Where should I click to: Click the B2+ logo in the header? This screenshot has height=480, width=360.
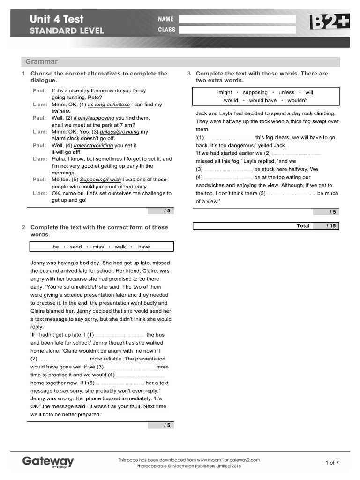pos(329,22)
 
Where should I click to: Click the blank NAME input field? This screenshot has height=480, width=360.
pos(237,19)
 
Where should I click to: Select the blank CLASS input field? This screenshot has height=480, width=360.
pos(237,30)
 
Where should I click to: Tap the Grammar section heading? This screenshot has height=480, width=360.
pos(42,62)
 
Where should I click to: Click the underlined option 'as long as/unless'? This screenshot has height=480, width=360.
pos(108,105)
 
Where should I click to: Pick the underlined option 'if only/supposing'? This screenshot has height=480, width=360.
pos(94,118)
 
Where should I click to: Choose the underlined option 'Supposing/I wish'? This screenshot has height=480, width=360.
pos(100,180)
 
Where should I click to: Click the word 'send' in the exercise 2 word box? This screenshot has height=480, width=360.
pos(75,247)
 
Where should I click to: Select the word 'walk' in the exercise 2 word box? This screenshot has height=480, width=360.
pos(120,247)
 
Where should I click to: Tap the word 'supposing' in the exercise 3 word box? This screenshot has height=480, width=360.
pos(255,93)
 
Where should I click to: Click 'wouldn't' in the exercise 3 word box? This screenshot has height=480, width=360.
pos(297,100)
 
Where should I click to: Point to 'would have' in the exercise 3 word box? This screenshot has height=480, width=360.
pos(262,100)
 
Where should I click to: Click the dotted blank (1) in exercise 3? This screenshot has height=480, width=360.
pos(229,138)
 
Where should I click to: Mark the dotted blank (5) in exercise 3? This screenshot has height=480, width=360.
pos(291,194)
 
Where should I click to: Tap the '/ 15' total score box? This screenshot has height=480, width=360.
pos(331,226)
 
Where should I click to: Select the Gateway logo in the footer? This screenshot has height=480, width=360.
pos(48,462)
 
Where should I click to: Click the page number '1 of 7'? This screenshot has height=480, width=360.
pos(332,463)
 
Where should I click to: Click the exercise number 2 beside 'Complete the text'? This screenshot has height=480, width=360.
pos(23,228)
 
